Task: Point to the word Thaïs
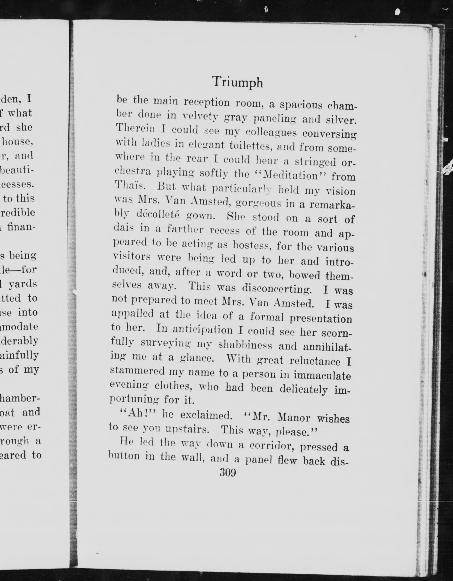pos(130,185)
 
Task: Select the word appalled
pos(132,314)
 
